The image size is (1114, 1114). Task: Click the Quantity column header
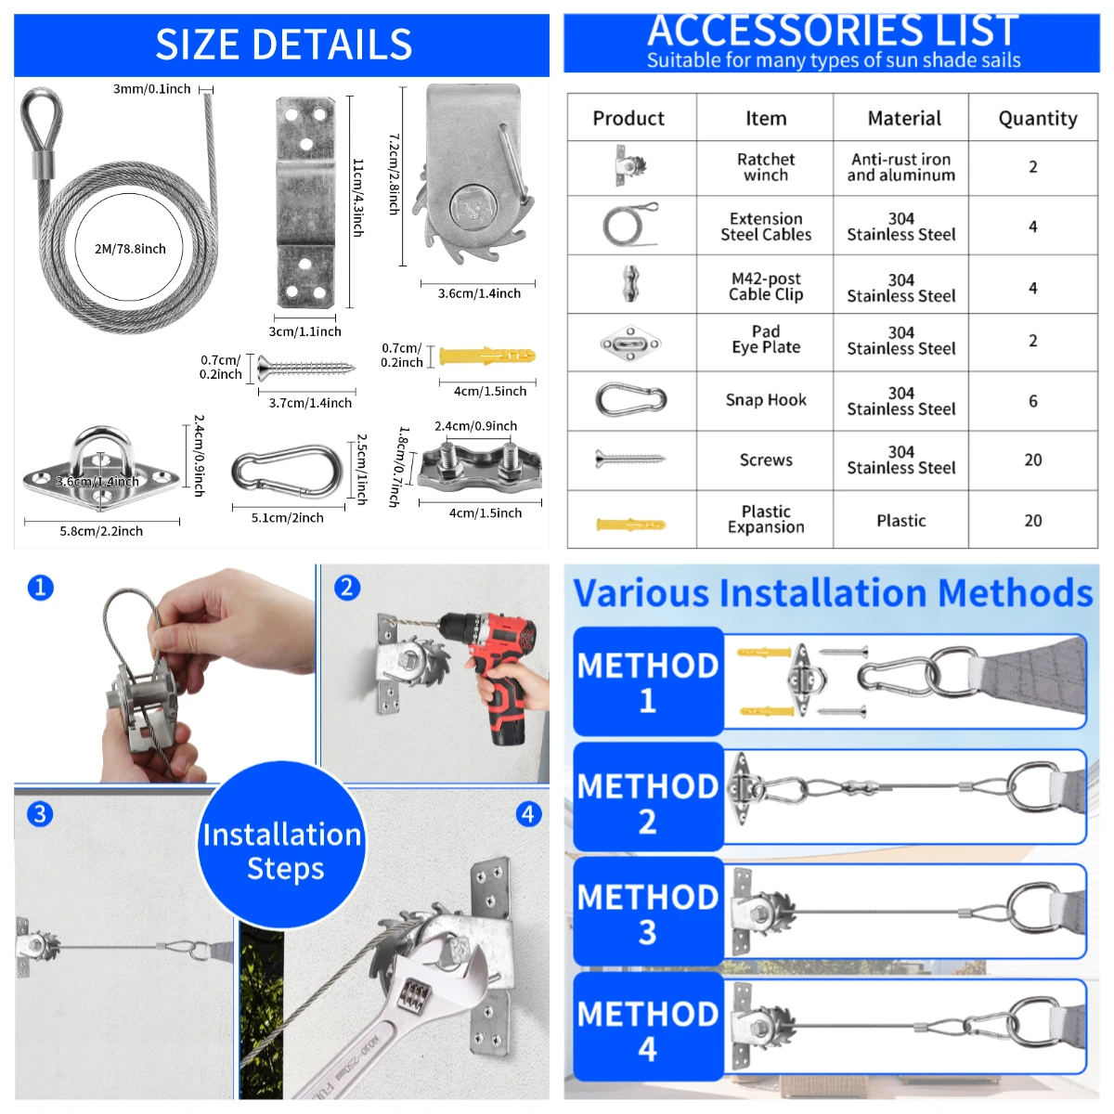pyautogui.click(x=1037, y=118)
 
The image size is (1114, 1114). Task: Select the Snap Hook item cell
pyautogui.click(x=766, y=400)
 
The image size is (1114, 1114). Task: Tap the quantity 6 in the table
pyautogui.click(x=1032, y=401)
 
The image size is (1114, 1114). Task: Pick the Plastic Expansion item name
pyautogui.click(x=766, y=519)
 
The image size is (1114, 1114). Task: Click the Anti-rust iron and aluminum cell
pyautogui.click(x=900, y=167)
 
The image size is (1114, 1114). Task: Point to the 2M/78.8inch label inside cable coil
pyautogui.click(x=130, y=249)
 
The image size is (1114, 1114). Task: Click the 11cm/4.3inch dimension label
pyautogui.click(x=357, y=197)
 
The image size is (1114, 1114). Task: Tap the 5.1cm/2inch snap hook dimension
pyautogui.click(x=287, y=518)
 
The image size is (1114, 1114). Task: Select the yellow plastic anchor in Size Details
pyautogui.click(x=486, y=356)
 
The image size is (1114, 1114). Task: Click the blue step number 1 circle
pyautogui.click(x=41, y=588)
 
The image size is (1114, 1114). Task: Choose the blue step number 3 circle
pyautogui.click(x=39, y=814)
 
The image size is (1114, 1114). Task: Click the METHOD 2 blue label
pyautogui.click(x=648, y=802)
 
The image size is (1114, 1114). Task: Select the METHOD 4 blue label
pyautogui.click(x=648, y=1030)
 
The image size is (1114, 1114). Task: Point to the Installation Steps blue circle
pyautogui.click(x=281, y=849)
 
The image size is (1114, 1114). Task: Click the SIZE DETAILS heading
pyautogui.click(x=283, y=45)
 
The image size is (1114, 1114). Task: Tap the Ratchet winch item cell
pyautogui.click(x=766, y=167)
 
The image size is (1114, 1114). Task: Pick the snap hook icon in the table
pyautogui.click(x=631, y=400)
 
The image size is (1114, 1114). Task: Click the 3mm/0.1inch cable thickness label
pyautogui.click(x=151, y=89)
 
